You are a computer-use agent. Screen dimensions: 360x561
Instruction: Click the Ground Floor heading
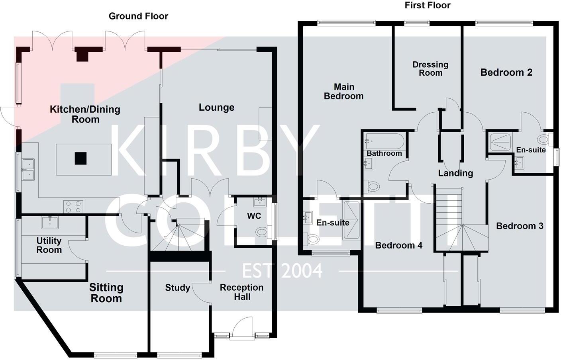click(x=138, y=16)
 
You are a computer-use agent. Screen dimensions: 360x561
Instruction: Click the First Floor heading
click(x=427, y=6)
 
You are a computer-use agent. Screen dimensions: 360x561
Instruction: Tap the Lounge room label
click(x=216, y=108)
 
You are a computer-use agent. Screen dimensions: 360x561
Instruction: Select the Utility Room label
click(x=49, y=245)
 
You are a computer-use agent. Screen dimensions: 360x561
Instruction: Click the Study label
click(x=177, y=288)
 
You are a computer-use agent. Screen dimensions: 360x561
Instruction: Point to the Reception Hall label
click(x=241, y=292)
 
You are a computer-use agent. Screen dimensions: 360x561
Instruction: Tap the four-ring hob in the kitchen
click(x=73, y=207)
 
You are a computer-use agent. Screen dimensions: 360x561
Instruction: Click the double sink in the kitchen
click(x=28, y=169)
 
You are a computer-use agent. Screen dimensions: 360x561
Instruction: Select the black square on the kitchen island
click(x=80, y=158)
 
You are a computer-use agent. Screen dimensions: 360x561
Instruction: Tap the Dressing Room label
click(x=430, y=68)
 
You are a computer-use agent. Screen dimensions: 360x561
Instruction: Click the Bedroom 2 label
click(x=506, y=72)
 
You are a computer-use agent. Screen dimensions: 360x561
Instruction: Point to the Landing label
click(x=455, y=173)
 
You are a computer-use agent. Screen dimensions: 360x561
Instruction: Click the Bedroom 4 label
click(x=398, y=245)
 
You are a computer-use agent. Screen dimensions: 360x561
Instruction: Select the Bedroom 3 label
click(x=520, y=226)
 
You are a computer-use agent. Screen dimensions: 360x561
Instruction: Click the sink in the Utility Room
click(x=50, y=222)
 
